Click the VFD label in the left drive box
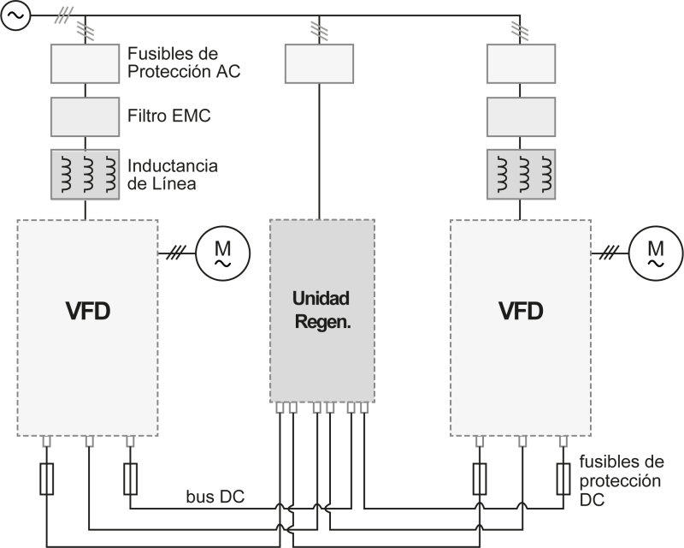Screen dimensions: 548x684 [88, 310]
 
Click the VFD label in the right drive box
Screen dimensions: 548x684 [521, 310]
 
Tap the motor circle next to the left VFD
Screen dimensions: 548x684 [222, 249]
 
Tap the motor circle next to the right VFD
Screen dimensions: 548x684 [655, 249]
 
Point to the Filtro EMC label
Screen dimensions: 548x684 [169, 115]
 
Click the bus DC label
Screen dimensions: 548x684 [216, 497]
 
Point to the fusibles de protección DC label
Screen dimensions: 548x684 [620, 479]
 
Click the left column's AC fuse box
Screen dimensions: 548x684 [85, 63]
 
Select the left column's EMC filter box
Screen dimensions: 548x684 [85, 115]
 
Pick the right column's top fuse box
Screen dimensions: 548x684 [520, 63]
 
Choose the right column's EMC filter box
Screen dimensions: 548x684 [520, 115]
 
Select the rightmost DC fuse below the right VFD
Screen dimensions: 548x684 [563, 479]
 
